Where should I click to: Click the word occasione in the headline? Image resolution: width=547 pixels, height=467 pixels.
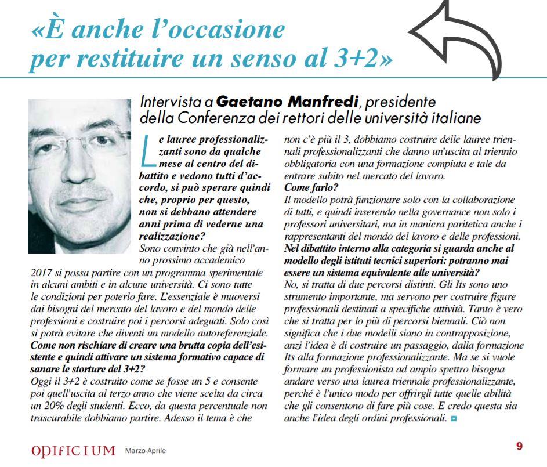pyautogui.click(x=221, y=30)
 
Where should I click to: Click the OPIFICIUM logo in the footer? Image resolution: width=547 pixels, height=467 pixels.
pyautogui.click(x=73, y=450)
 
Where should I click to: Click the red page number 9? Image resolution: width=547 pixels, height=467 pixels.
pyautogui.click(x=519, y=447)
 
